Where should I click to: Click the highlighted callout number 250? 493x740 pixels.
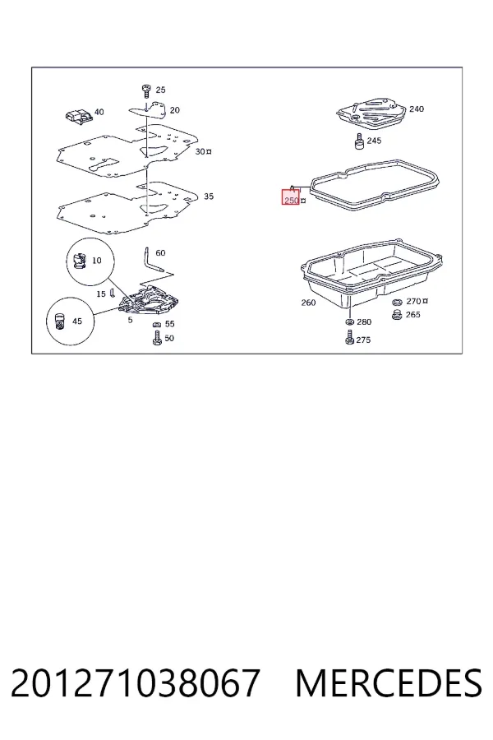point(292,201)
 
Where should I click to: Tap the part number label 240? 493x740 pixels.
point(416,109)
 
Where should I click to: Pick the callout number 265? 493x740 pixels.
point(412,314)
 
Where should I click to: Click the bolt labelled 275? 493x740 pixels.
point(349,337)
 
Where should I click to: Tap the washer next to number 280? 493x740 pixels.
point(349,321)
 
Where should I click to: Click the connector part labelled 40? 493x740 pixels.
point(78,116)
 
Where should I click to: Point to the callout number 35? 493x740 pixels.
point(209,197)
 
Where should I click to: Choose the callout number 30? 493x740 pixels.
point(200,151)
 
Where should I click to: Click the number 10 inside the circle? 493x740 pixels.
point(97,260)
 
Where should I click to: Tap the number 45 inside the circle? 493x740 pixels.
point(77,321)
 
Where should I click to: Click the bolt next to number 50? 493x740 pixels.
point(157,338)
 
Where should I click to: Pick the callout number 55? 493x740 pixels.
point(170,324)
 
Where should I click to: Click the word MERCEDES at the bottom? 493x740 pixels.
point(389,683)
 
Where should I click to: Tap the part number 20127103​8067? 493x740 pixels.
point(135,683)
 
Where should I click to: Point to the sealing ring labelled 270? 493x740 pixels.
point(397,302)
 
